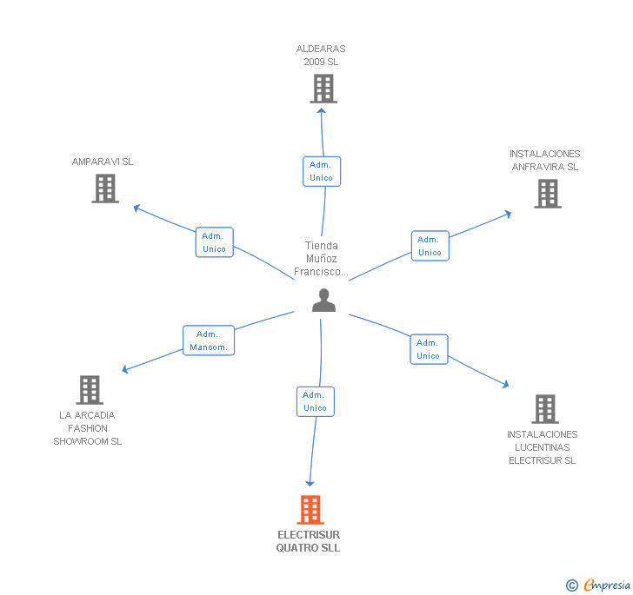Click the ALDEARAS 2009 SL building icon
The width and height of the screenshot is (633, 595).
(x=323, y=89)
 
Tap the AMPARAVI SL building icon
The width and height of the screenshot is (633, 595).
(x=105, y=188)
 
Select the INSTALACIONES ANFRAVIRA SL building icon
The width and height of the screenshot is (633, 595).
(x=547, y=194)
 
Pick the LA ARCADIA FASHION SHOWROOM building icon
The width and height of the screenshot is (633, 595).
(x=89, y=390)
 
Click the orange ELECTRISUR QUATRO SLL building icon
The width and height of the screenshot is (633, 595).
(x=310, y=510)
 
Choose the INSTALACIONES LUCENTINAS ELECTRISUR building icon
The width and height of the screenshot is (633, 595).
(x=544, y=409)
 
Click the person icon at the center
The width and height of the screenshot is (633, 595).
(x=323, y=301)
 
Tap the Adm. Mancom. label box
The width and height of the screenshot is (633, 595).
(x=209, y=340)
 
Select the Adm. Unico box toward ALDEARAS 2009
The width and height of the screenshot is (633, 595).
(x=321, y=171)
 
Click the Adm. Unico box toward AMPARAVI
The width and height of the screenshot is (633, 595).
(x=214, y=242)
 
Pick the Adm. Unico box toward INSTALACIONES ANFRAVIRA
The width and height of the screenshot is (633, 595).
(x=430, y=246)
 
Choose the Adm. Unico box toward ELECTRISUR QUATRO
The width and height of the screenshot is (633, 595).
(x=315, y=401)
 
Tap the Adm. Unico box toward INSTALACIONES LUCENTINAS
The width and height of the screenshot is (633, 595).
(x=428, y=349)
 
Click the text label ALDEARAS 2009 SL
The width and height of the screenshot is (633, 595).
(x=321, y=56)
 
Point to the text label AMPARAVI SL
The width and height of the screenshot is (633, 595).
(x=103, y=162)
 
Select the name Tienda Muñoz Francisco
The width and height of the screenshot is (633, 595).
(x=321, y=259)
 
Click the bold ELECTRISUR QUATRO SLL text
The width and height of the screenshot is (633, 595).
(x=309, y=541)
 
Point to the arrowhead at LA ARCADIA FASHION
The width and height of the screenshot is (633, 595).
(x=125, y=370)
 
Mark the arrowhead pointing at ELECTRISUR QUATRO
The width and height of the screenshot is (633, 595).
(x=310, y=483)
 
